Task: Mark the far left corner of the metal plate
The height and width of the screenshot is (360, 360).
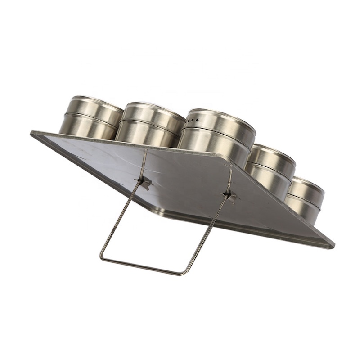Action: (32, 133)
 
